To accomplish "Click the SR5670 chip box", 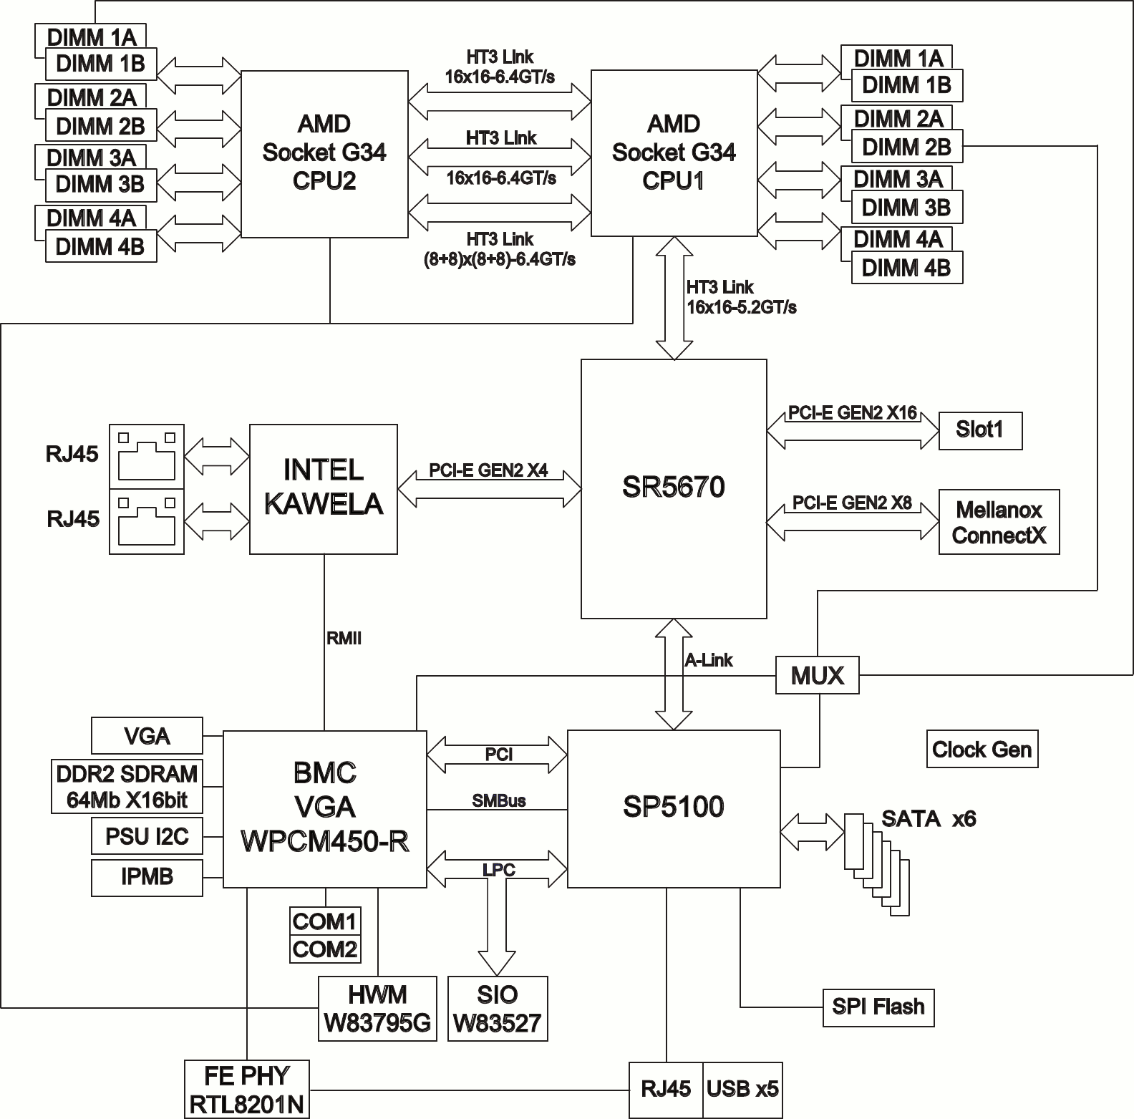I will tap(673, 488).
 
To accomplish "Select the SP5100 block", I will tap(673, 808).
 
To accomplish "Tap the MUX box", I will tap(817, 675).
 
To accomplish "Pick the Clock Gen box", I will tap(982, 750).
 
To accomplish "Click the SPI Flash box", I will tap(878, 1007).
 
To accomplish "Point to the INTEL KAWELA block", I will tap(323, 488).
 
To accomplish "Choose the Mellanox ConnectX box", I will tap(999, 522).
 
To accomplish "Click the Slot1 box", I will tap(979, 430).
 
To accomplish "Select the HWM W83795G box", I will tap(377, 1008).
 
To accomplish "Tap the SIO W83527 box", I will tap(497, 1008).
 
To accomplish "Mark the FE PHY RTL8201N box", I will tap(247, 1090).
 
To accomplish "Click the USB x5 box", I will tap(742, 1090).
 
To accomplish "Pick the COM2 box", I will tap(324, 949).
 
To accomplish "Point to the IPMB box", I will tap(147, 877).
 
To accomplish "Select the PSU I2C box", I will tap(147, 835).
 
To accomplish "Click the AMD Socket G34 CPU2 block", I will tap(324, 153).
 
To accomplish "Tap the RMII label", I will tap(344, 639).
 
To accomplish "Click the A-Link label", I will tap(709, 660).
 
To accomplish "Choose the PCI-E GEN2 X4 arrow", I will tap(489, 489).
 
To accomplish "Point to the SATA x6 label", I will tap(928, 818).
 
